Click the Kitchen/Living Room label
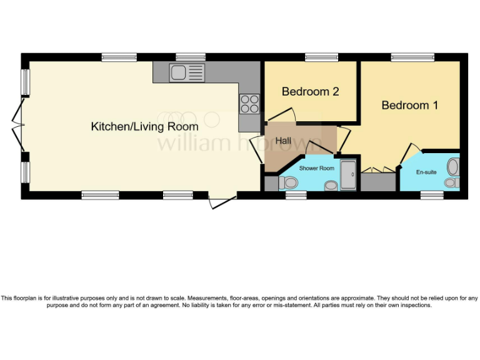coord(144,127)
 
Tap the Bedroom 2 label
coord(310,92)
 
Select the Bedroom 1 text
coord(409,105)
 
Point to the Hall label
coord(284,141)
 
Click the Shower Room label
coord(316,168)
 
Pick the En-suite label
coord(426,172)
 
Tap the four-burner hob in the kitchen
coord(249,103)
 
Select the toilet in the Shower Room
coord(287,183)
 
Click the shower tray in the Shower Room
coord(348,175)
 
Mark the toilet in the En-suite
coord(453,167)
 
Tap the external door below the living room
coord(222,200)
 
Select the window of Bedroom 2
coord(321,57)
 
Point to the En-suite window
coord(432,196)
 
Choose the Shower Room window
coord(296,196)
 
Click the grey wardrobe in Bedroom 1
coord(379,182)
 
